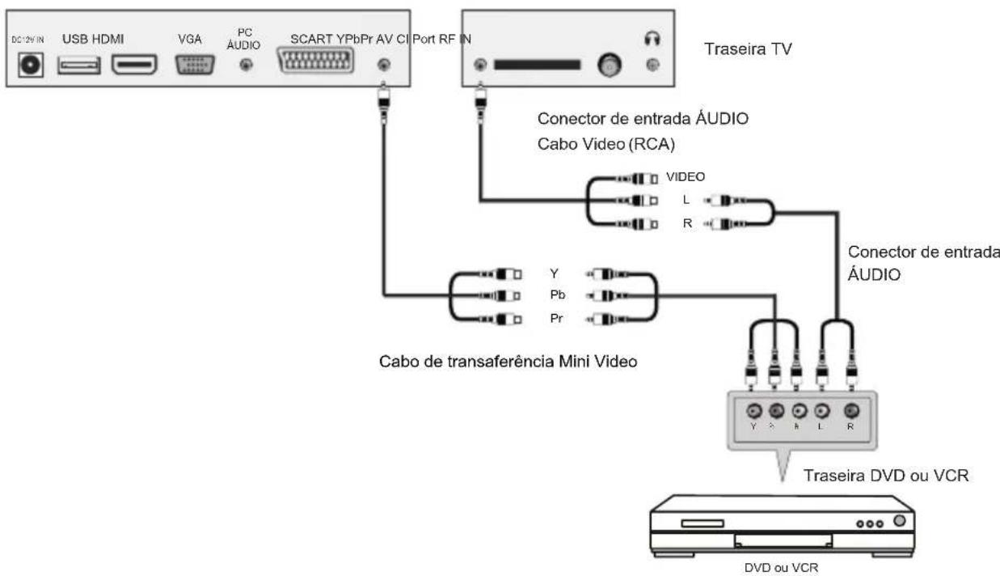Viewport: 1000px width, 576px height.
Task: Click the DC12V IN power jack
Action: [x=33, y=66]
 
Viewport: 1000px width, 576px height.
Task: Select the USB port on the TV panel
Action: [x=78, y=66]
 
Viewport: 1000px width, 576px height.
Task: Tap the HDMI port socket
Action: [x=134, y=66]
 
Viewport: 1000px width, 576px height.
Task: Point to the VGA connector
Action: [x=194, y=66]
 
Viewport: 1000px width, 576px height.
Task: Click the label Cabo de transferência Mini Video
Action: [x=508, y=361]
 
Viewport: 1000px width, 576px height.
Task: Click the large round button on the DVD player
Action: [x=899, y=519]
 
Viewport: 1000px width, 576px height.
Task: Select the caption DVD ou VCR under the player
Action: [x=780, y=568]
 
